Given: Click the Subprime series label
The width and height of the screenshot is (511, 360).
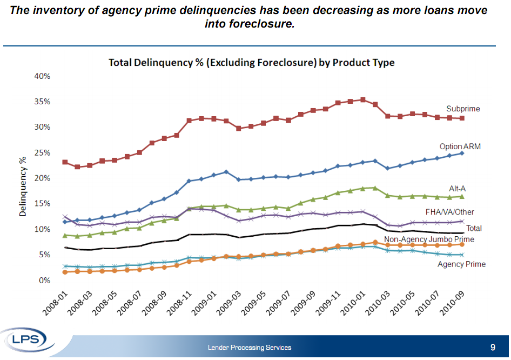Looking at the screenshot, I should [x=463, y=109].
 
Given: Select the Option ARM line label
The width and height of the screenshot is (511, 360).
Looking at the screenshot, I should [x=460, y=146].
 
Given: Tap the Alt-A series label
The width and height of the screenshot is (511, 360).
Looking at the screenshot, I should [x=457, y=188].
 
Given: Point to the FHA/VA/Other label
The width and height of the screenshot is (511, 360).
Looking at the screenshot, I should [x=449, y=212].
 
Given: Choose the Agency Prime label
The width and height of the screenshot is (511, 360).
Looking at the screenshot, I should [x=461, y=264].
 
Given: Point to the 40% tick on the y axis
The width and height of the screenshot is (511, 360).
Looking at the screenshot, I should [x=42, y=76].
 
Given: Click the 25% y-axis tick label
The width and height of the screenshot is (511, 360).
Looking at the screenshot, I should [x=42, y=153].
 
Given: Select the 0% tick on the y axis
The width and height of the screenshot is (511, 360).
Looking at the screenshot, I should [x=45, y=281].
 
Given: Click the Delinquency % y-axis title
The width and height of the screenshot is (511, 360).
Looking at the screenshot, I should [x=23, y=187].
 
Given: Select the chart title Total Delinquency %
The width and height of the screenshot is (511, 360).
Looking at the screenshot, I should [x=252, y=63].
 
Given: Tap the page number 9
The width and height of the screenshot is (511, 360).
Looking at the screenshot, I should [x=492, y=347].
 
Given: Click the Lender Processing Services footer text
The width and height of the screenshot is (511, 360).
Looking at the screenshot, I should [x=250, y=348].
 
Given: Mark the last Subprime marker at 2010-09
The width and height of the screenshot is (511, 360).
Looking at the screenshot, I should [x=462, y=118].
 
